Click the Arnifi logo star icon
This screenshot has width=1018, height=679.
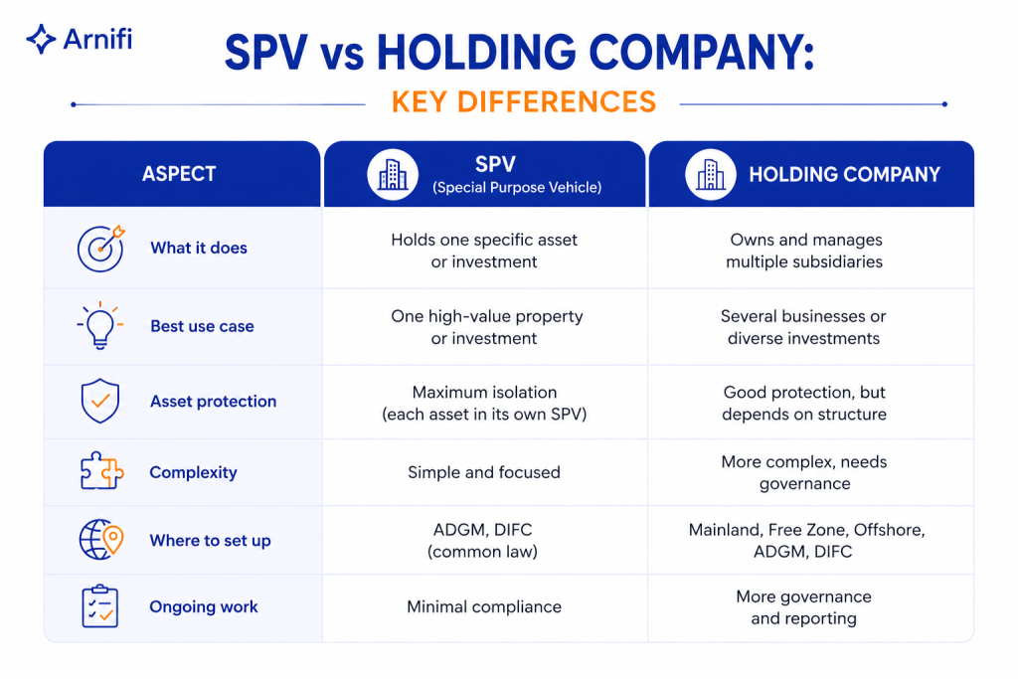click(x=41, y=39)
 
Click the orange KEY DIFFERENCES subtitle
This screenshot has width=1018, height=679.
click(x=524, y=102)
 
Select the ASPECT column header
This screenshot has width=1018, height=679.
click(x=179, y=174)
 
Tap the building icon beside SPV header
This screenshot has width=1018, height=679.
click(x=393, y=174)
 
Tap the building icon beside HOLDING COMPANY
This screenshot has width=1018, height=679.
click(x=710, y=174)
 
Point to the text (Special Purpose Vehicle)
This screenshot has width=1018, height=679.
click(x=517, y=188)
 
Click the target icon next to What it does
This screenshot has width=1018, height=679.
click(x=101, y=248)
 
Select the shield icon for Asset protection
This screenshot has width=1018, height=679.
click(x=100, y=402)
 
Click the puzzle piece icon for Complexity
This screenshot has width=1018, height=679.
click(x=101, y=470)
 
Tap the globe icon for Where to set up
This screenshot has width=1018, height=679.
click(x=101, y=540)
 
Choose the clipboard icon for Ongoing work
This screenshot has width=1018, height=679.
click(x=100, y=606)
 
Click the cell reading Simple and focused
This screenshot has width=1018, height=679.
click(x=484, y=472)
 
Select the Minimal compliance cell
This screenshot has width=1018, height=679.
click(x=484, y=607)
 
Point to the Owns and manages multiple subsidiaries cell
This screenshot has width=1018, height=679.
click(x=805, y=251)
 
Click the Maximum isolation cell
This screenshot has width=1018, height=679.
click(x=484, y=403)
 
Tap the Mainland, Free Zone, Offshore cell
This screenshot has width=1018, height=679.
click(x=806, y=541)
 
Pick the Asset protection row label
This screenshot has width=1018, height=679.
click(x=213, y=402)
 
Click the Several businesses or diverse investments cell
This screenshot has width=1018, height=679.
click(x=803, y=327)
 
